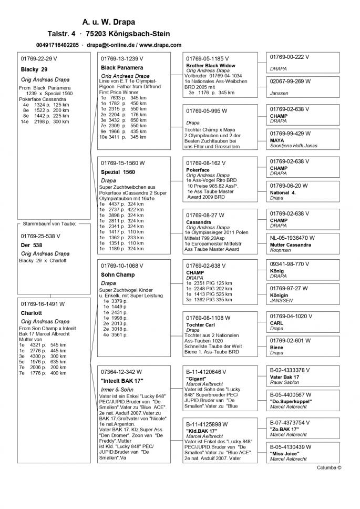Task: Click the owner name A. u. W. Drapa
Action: click(108, 22)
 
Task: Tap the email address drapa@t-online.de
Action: click(110, 45)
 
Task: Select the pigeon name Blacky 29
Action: click(34, 69)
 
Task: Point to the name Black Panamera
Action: click(122, 68)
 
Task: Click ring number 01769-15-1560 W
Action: click(123, 162)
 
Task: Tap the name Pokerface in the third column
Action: click(198, 170)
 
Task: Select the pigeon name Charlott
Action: click(32, 313)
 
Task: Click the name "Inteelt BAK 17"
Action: click(122, 380)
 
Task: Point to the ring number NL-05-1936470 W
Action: click(292, 238)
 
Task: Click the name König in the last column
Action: click(276, 271)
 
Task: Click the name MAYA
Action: click(277, 141)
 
